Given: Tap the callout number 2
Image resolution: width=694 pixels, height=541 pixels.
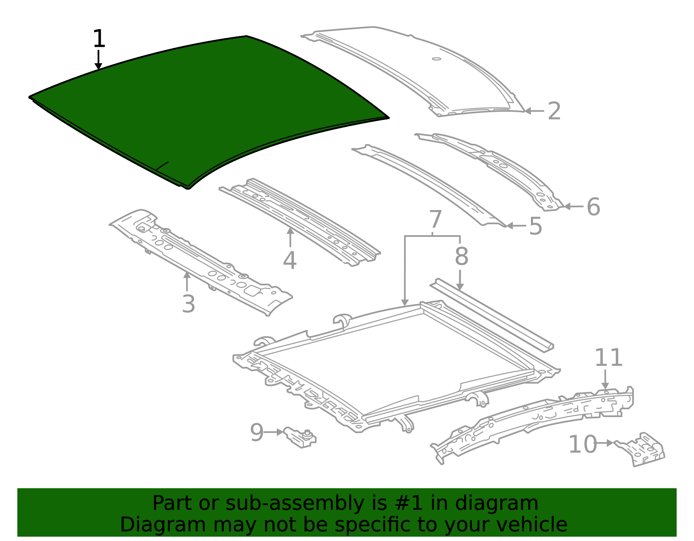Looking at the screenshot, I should coord(554,111).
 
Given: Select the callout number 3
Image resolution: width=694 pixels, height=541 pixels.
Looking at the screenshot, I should coord(188,304).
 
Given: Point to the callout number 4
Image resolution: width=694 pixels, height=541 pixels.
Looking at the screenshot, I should coord(289,260).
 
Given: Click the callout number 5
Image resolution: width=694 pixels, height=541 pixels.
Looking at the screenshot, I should coord(535,227).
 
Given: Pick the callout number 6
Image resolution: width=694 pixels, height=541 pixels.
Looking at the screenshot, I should coord(593,207).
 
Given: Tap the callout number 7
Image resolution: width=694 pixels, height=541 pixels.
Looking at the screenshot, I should coord(435,220).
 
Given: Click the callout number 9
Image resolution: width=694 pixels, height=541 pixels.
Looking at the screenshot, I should coord(256,432).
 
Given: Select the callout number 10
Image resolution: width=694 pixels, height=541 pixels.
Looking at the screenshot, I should coord(583,444).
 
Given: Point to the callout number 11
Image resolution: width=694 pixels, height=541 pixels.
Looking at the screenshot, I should coord(608,358).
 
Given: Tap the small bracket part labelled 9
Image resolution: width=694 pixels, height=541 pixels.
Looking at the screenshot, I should coord(300,437).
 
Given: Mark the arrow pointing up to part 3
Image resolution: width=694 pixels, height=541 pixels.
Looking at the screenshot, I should coord(187,282).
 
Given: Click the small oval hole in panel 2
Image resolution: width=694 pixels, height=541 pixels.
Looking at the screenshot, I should coord(436,59).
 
